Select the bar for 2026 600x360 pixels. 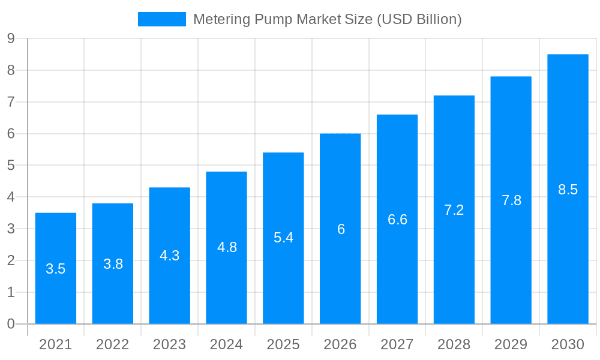click(340, 270)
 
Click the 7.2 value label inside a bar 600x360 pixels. click(454, 210)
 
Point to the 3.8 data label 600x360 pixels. click(113, 264)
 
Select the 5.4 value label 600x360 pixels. click(283, 238)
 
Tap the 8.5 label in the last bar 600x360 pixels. click(568, 190)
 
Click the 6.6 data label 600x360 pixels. click(397, 220)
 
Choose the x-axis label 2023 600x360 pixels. click(169, 344)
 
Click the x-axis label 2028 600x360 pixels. click(454, 344)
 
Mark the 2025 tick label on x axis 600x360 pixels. click(283, 344)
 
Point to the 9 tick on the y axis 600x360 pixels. click(11, 39)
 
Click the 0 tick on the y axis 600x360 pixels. click(11, 324)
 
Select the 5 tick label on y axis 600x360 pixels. click(11, 166)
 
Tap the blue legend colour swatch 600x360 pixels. click(161, 19)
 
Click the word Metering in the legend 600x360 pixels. click(221, 19)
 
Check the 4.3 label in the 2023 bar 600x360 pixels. click(169, 256)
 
